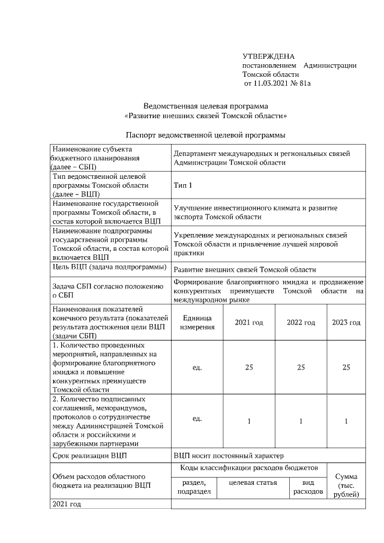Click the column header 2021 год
248,322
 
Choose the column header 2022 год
301,322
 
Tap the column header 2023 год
346,322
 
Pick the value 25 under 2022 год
301,367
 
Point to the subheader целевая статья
253,482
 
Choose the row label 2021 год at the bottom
67,504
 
